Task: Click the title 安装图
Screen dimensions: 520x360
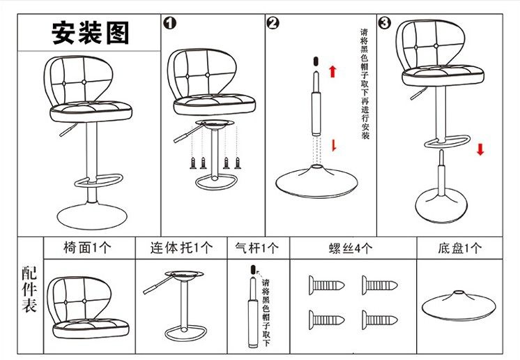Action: pyautogui.click(x=90, y=33)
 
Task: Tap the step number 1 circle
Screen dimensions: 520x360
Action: pyautogui.click(x=170, y=23)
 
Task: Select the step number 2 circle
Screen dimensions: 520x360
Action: pyautogui.click(x=273, y=23)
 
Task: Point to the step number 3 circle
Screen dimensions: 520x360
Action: pyautogui.click(x=384, y=22)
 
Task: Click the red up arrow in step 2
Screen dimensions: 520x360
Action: pyautogui.click(x=332, y=71)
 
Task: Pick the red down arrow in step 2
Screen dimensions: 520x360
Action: pyautogui.click(x=334, y=145)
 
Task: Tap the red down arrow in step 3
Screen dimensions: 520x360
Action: pyautogui.click(x=480, y=149)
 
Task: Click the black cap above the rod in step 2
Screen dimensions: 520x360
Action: pyautogui.click(x=316, y=61)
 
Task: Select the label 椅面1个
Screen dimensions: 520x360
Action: pyautogui.click(x=87, y=248)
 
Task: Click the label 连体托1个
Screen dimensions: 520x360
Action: pyautogui.click(x=181, y=248)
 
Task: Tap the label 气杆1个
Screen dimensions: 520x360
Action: pyautogui.click(x=257, y=248)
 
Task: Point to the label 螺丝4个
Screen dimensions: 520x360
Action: pyautogui.click(x=351, y=248)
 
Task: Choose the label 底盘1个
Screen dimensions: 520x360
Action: pyautogui.click(x=459, y=248)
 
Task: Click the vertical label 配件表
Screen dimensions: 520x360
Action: pyautogui.click(x=29, y=289)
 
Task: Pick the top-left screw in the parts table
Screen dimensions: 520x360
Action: pyautogui.click(x=327, y=285)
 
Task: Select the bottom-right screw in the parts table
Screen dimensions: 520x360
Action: pyautogui.click(x=379, y=320)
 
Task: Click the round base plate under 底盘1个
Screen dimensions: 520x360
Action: pyautogui.click(x=459, y=306)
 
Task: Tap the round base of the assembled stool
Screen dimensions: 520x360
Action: pyautogui.click(x=92, y=216)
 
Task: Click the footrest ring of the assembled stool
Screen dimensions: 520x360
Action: pyautogui.click(x=98, y=179)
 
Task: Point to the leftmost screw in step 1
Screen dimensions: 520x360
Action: pyautogui.click(x=193, y=163)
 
